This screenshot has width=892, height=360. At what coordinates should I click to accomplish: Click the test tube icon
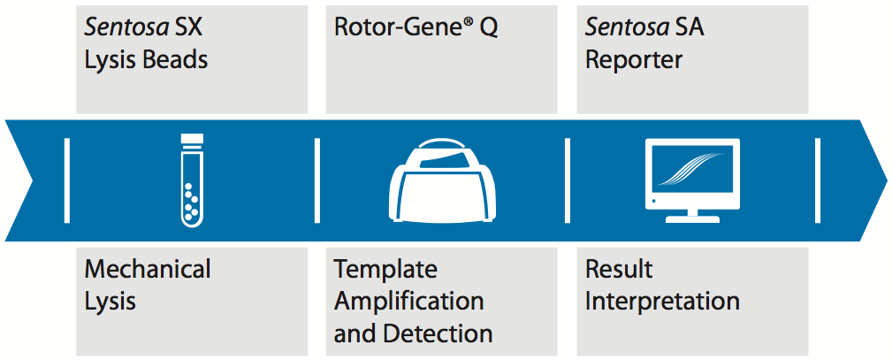pos(192,180)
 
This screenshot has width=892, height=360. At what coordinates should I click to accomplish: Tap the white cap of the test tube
pos(192,138)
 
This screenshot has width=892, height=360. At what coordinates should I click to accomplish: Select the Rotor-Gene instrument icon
pos(441,180)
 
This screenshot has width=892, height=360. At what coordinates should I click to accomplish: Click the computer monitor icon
pos(692,180)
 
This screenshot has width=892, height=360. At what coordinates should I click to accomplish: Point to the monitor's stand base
pos(692,218)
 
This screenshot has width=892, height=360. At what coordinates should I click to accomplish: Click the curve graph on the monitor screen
pos(691,170)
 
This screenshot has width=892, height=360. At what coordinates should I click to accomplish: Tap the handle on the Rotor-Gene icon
pos(442,143)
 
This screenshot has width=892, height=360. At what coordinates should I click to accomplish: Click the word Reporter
pos(634,60)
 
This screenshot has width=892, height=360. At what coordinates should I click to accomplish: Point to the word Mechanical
pos(148,268)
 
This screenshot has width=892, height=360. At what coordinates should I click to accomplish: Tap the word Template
pos(385,270)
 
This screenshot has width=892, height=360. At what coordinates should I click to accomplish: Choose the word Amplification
pos(408,302)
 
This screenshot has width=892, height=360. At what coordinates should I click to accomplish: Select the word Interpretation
pos(662,302)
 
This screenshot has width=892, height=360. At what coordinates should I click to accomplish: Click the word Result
pos(619,269)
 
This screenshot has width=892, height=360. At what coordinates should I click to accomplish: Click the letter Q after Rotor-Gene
pos(489,28)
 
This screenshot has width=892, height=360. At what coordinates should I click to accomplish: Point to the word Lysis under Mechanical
pos(111,302)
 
